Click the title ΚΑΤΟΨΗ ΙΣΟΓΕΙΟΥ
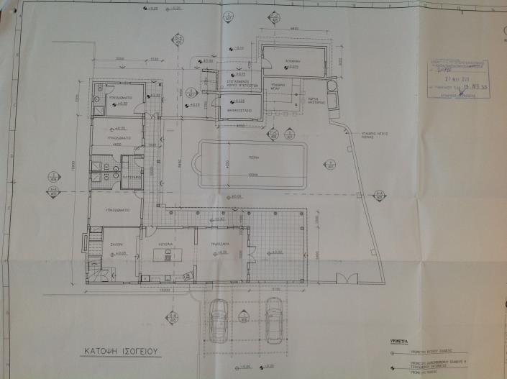[119, 352]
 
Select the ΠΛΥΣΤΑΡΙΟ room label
[131, 175]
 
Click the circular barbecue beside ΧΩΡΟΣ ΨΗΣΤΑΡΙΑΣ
[331, 86]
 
